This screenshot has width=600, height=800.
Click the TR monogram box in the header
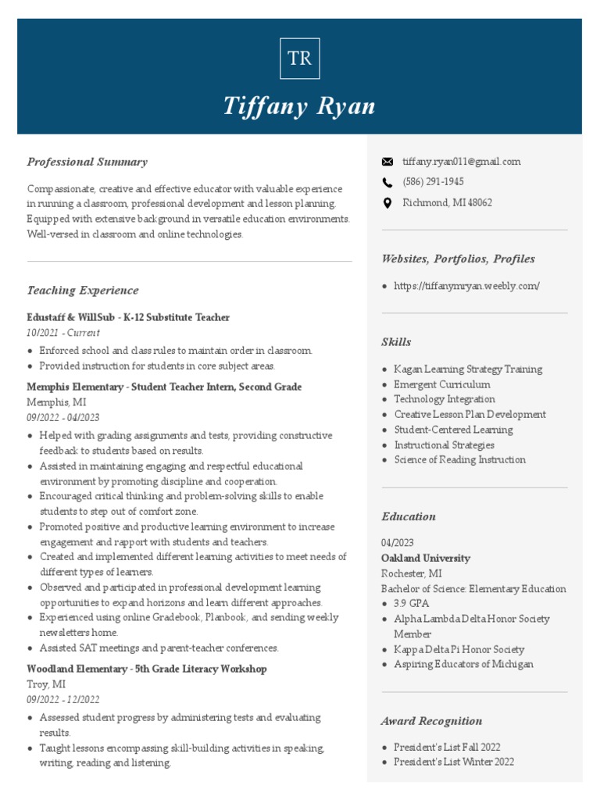pyautogui.click(x=299, y=59)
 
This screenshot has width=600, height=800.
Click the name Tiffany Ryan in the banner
pyautogui.click(x=299, y=105)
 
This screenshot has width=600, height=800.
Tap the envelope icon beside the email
pyautogui.click(x=387, y=162)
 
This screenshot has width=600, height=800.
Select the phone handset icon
pyautogui.click(x=387, y=182)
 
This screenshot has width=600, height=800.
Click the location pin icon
pyautogui.click(x=387, y=203)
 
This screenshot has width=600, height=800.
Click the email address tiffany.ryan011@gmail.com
pyautogui.click(x=461, y=162)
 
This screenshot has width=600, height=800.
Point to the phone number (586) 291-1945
pyautogui.click(x=433, y=182)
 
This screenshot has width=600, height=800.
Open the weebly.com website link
pyautogui.click(x=466, y=286)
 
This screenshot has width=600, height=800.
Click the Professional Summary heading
pyautogui.click(x=87, y=162)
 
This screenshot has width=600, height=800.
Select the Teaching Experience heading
pyautogui.click(x=83, y=291)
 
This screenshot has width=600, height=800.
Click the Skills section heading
pyautogui.click(x=396, y=342)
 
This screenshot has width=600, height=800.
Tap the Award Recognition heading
pyautogui.click(x=431, y=721)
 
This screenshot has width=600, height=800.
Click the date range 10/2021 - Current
pyautogui.click(x=63, y=333)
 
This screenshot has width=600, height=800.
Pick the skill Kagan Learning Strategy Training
pyautogui.click(x=467, y=370)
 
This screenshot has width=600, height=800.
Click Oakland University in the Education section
pyautogui.click(x=426, y=559)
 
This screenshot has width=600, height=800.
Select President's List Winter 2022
pyautogui.click(x=453, y=762)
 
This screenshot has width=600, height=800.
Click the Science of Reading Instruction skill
pyautogui.click(x=459, y=460)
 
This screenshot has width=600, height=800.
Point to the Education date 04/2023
pyautogui.click(x=398, y=543)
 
